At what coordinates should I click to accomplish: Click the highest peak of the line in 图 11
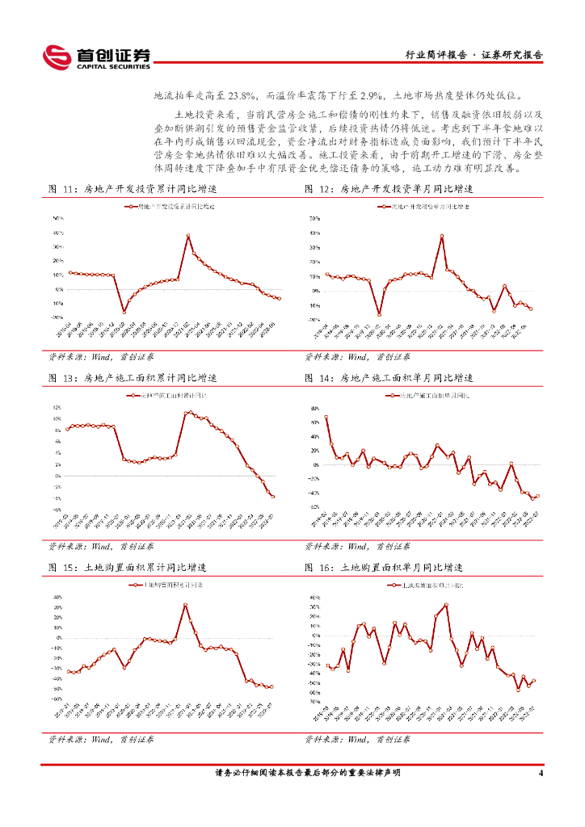click(188, 235)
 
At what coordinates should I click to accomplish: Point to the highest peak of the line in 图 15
click(185, 604)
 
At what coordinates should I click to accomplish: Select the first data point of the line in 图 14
click(326, 418)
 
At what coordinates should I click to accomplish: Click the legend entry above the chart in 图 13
click(169, 397)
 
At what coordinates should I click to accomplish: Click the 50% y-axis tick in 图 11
click(58, 218)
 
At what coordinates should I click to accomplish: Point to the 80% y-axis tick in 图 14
click(315, 409)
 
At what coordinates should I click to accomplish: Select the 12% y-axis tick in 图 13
click(57, 407)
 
